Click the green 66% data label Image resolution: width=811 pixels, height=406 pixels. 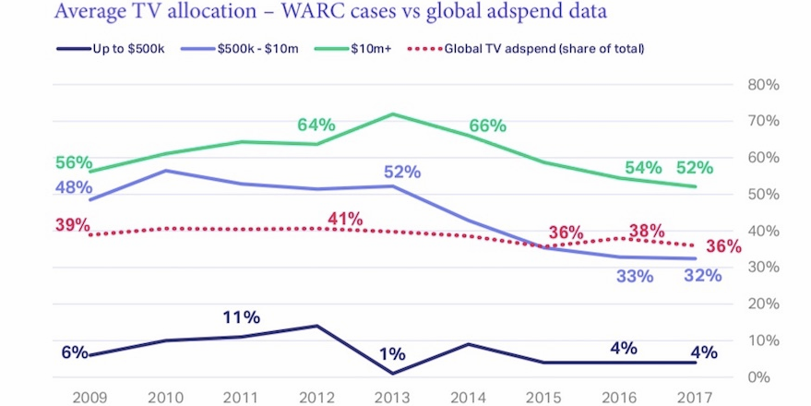[487, 125]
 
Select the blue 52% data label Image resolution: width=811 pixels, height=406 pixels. [402, 172]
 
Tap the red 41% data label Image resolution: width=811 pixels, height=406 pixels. [343, 219]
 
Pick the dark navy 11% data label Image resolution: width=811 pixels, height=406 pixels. [241, 317]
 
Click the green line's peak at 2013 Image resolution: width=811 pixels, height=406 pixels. [393, 113]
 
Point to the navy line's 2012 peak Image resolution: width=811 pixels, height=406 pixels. [316, 326]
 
